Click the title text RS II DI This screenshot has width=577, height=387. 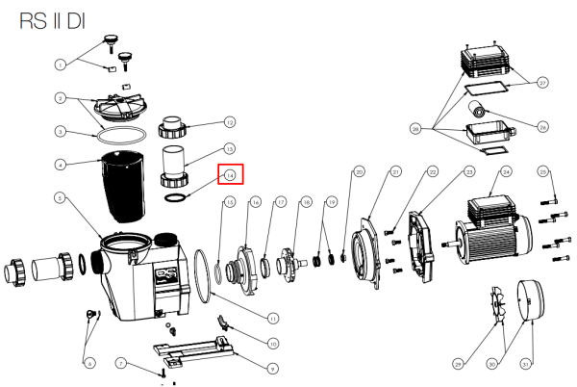[60, 21]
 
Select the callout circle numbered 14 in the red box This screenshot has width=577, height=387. [230, 174]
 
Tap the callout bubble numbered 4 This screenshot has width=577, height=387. [61, 164]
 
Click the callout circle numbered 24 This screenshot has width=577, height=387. [505, 173]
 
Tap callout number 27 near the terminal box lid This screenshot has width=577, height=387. [542, 84]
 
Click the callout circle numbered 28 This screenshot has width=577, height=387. [415, 127]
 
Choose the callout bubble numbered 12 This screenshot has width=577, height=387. [230, 122]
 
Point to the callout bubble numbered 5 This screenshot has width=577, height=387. [61, 199]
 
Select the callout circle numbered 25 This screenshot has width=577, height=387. [543, 172]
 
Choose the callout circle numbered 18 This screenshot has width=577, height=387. [306, 202]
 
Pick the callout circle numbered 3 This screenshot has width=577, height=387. [61, 132]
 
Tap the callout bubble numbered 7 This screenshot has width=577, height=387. [121, 363]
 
